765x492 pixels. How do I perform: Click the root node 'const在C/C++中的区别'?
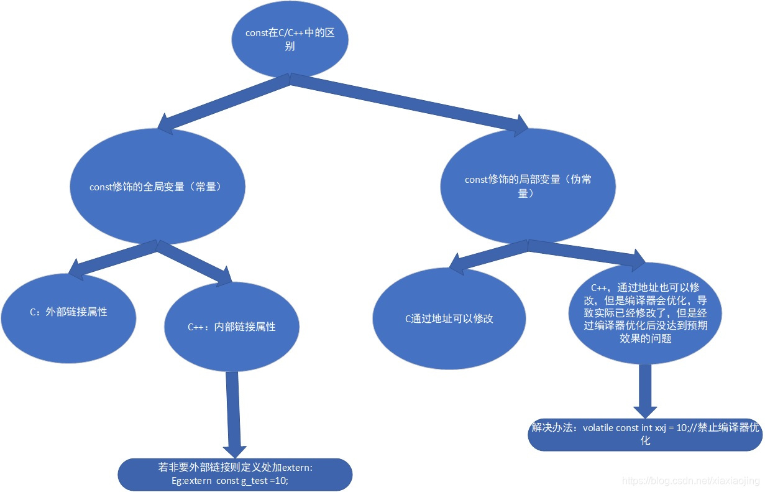(290, 39)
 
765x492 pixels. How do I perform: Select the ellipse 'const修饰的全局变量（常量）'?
(155, 187)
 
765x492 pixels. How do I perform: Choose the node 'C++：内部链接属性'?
(231, 327)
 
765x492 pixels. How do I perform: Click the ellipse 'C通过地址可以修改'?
(449, 319)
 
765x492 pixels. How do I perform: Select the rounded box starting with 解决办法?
(645, 434)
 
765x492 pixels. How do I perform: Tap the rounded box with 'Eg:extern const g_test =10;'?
(235, 475)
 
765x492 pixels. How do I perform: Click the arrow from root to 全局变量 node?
(224, 102)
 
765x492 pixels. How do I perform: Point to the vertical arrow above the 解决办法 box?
(645, 389)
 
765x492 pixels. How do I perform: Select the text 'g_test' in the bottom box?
(254, 481)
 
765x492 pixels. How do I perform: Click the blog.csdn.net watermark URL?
(690, 481)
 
